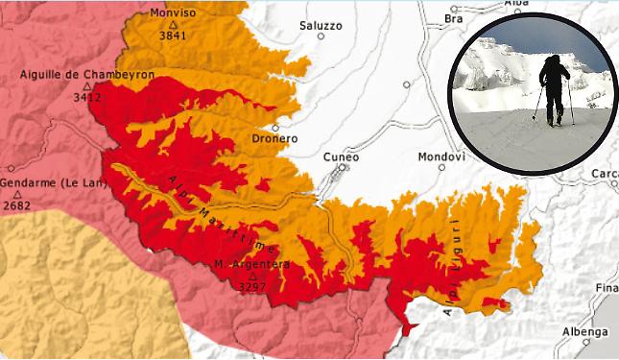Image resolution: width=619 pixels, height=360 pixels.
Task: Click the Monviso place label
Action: (174, 13)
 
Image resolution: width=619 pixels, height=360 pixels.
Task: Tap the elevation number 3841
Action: (173, 36)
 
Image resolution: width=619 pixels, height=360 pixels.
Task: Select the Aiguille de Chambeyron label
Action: (87, 74)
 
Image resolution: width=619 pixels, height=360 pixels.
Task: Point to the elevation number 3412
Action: (87, 96)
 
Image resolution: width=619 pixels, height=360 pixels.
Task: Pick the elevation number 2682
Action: (16, 204)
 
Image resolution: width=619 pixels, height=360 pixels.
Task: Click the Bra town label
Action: (454, 18)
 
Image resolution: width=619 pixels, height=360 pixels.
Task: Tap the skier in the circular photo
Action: (554, 89)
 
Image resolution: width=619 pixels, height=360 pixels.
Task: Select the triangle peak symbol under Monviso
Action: (173, 24)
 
